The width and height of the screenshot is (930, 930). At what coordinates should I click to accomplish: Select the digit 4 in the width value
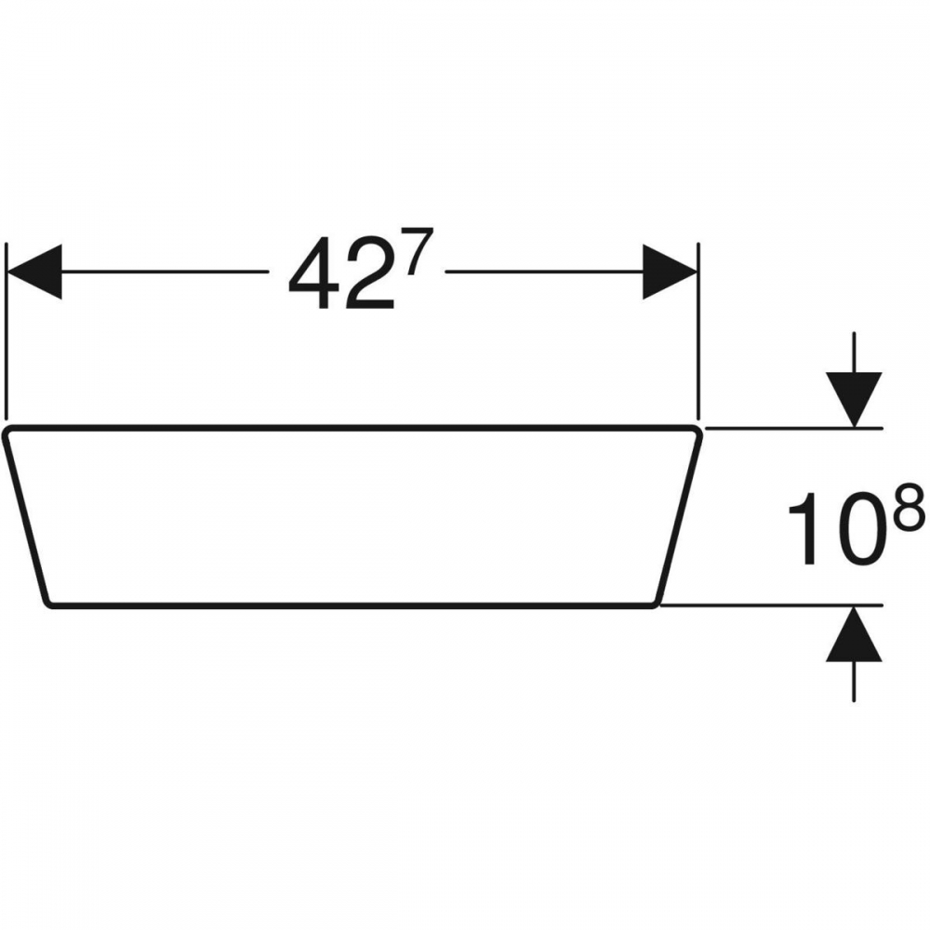click(x=313, y=273)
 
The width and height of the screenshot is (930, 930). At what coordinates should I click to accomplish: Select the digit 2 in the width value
click(x=369, y=273)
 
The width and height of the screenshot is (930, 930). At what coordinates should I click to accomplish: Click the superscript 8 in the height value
click(x=909, y=506)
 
